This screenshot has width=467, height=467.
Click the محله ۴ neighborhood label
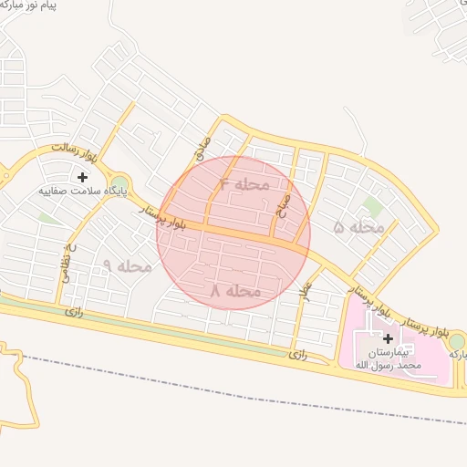245,183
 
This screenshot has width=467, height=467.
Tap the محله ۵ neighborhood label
358,226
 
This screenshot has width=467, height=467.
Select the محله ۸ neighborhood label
235,290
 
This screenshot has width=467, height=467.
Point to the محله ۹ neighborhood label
127,265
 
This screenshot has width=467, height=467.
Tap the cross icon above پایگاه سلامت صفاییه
83,176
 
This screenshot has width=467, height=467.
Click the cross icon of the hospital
388,338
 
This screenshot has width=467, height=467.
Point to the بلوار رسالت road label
73,146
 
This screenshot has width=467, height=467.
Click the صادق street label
202,149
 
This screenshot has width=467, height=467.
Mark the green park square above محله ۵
371,205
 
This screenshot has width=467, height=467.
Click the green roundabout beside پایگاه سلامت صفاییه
119,181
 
